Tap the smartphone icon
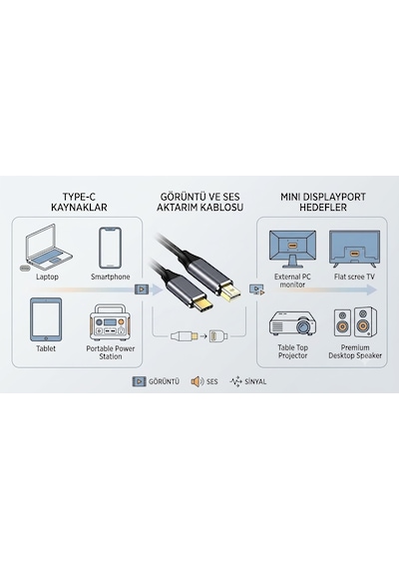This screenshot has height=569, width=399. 111,249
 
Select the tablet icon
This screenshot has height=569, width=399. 46,319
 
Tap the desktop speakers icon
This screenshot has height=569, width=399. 355,321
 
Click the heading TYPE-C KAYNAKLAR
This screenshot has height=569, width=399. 79,202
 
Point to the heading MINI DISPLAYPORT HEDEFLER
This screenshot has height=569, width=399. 323,202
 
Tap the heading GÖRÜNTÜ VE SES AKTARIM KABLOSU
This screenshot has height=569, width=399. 199,202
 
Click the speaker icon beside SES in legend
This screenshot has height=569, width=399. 198,381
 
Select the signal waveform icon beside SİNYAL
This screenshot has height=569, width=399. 235,381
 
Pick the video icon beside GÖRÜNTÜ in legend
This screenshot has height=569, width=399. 139,381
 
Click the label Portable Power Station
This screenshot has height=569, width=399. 111,352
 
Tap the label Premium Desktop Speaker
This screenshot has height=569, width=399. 355,351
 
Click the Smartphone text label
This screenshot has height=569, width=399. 111,277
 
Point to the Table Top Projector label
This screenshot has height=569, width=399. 292,351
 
